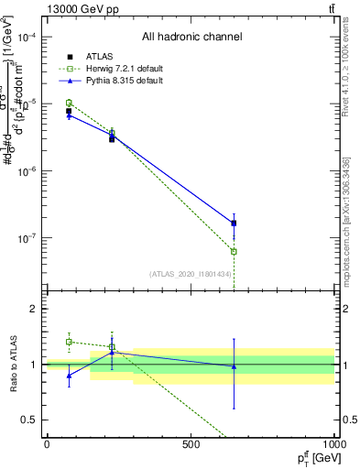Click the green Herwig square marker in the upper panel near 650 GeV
234,251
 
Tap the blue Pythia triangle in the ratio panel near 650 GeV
234,366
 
